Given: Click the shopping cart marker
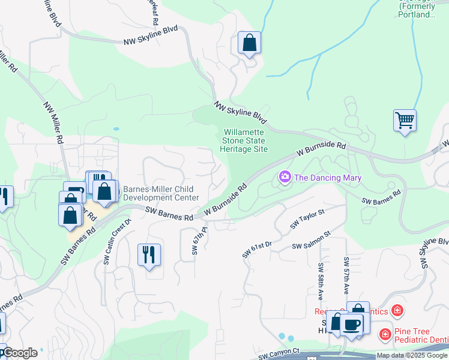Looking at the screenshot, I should point(405,121).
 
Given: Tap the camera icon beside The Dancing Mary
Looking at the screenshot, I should point(285,177).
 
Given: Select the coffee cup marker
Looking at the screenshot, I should point(352,325).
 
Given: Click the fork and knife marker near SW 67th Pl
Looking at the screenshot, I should point(149,255).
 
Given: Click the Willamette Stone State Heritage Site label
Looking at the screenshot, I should point(245,140).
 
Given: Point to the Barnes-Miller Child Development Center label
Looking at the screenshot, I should point(160,193).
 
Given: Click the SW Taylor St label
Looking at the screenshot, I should point(307,219).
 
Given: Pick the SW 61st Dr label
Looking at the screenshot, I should point(258,249).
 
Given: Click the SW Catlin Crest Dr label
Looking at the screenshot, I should point(118,242).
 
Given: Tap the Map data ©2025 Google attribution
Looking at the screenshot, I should point(412,355).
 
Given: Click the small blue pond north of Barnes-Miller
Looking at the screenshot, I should point(115,128).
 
